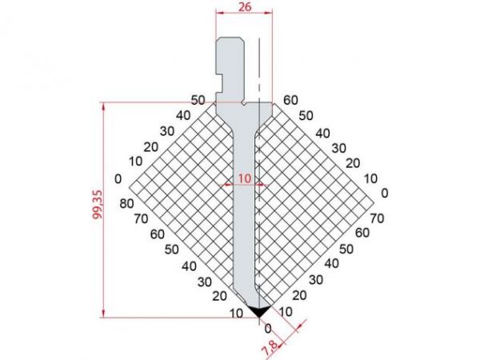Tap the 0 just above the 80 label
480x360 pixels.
click(118, 178)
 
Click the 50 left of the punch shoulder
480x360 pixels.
click(198, 100)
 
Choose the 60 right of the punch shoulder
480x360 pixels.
click(290, 100)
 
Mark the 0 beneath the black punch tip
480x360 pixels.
click(267, 328)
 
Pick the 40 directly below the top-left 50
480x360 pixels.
click(184, 114)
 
